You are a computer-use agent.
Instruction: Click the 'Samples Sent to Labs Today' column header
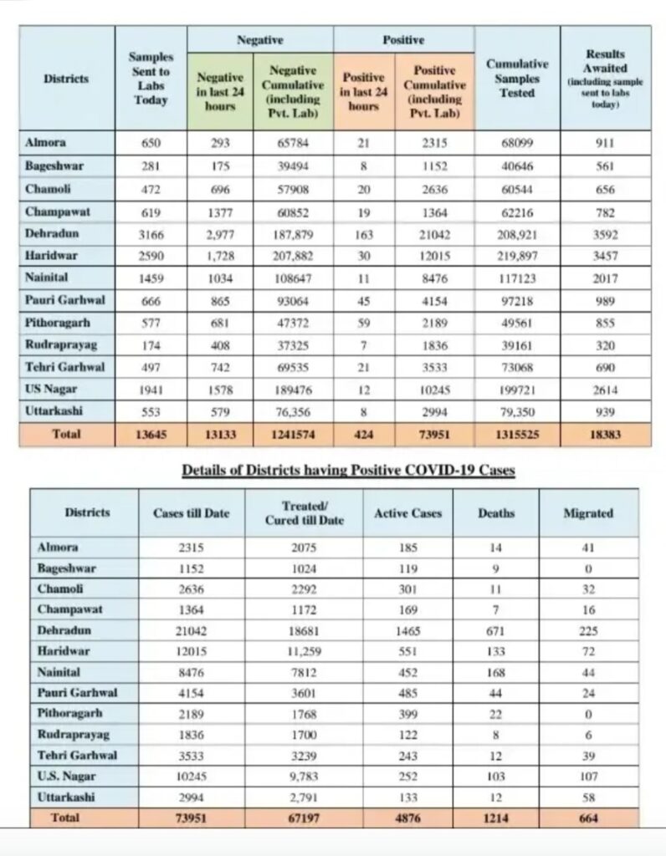pyautogui.click(x=151, y=78)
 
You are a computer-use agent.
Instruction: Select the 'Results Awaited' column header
pyautogui.click(x=605, y=79)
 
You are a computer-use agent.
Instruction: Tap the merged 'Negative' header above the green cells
pyautogui.click(x=260, y=39)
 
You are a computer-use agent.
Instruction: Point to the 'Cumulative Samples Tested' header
pyautogui.click(x=517, y=79)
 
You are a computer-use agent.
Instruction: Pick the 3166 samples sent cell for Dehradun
pyautogui.click(x=151, y=234)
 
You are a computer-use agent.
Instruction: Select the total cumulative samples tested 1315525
pyautogui.click(x=517, y=435)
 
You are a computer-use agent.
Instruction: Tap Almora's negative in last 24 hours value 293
pyautogui.click(x=220, y=143)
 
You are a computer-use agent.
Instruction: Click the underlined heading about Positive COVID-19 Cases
pyautogui.click(x=348, y=471)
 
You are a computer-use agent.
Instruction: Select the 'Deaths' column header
pyautogui.click(x=496, y=513)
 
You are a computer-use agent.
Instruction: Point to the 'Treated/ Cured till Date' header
pyautogui.click(x=305, y=513)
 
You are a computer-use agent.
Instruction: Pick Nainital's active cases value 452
pyautogui.click(x=407, y=672)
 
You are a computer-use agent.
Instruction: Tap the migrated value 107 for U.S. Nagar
pyautogui.click(x=589, y=776)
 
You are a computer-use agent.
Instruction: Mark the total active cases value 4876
pyautogui.click(x=407, y=818)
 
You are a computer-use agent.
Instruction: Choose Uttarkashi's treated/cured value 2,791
pyautogui.click(x=305, y=797)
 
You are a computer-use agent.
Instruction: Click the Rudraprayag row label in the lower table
pyautogui.click(x=71, y=734)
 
